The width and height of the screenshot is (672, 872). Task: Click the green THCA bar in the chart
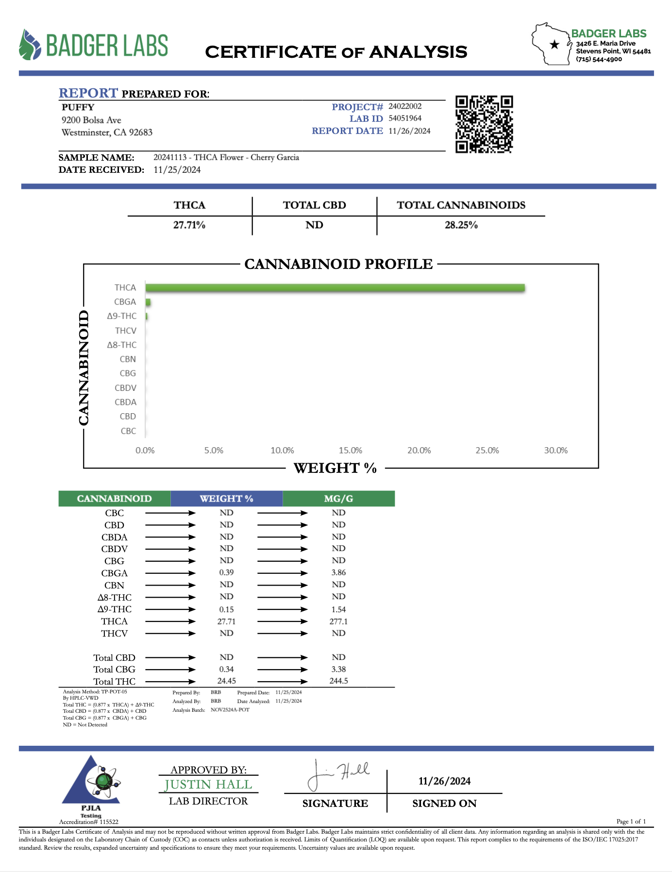[335, 288]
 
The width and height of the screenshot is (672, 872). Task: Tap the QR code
[484, 124]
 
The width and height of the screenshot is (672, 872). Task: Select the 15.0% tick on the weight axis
[351, 451]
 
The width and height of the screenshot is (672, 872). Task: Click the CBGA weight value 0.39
[226, 573]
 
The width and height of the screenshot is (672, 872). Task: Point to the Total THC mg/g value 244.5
[338, 681]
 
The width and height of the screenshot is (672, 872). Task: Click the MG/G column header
[338, 499]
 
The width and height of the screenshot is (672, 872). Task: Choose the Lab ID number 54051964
[405, 118]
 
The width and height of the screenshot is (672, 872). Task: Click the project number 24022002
[405, 106]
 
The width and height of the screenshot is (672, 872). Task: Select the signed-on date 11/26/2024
[444, 781]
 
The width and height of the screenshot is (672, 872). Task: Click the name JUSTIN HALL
[208, 785]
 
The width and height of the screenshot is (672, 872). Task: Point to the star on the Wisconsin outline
[554, 45]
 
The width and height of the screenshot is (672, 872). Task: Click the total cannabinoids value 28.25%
[461, 225]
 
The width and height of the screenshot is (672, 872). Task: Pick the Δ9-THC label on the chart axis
[122, 316]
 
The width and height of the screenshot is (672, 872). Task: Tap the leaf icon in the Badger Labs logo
[30, 45]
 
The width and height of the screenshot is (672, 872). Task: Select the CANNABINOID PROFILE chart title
[338, 264]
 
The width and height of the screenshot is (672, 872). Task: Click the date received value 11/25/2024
[177, 170]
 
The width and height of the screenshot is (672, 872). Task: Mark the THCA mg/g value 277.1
[338, 621]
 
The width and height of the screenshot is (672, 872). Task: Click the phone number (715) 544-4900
[599, 59]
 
